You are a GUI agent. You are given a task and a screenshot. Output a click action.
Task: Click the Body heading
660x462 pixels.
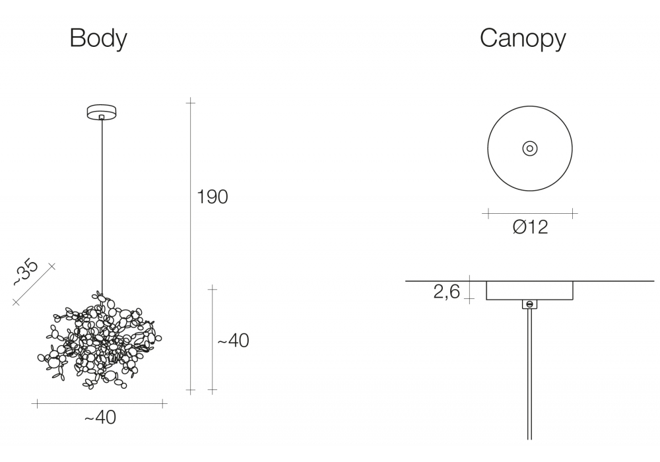[x=98, y=39]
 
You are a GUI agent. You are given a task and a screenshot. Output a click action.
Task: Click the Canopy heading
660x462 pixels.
[x=523, y=39]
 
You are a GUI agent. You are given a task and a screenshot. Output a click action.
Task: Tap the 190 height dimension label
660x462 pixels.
[x=213, y=197]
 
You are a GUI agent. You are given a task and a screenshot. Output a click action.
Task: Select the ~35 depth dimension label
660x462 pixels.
[x=25, y=272]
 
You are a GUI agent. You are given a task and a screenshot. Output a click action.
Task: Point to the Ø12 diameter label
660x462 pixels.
[x=531, y=227]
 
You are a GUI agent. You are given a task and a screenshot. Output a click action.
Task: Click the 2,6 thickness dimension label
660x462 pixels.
[x=447, y=291]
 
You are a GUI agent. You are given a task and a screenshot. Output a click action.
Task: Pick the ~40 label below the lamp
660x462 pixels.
[x=100, y=417]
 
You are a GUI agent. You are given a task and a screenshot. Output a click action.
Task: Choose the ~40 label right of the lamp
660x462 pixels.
[x=233, y=341]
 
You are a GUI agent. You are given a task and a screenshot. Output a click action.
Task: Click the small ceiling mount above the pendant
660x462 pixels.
[x=102, y=112]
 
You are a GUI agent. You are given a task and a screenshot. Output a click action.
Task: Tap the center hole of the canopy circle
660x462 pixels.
[x=530, y=148]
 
